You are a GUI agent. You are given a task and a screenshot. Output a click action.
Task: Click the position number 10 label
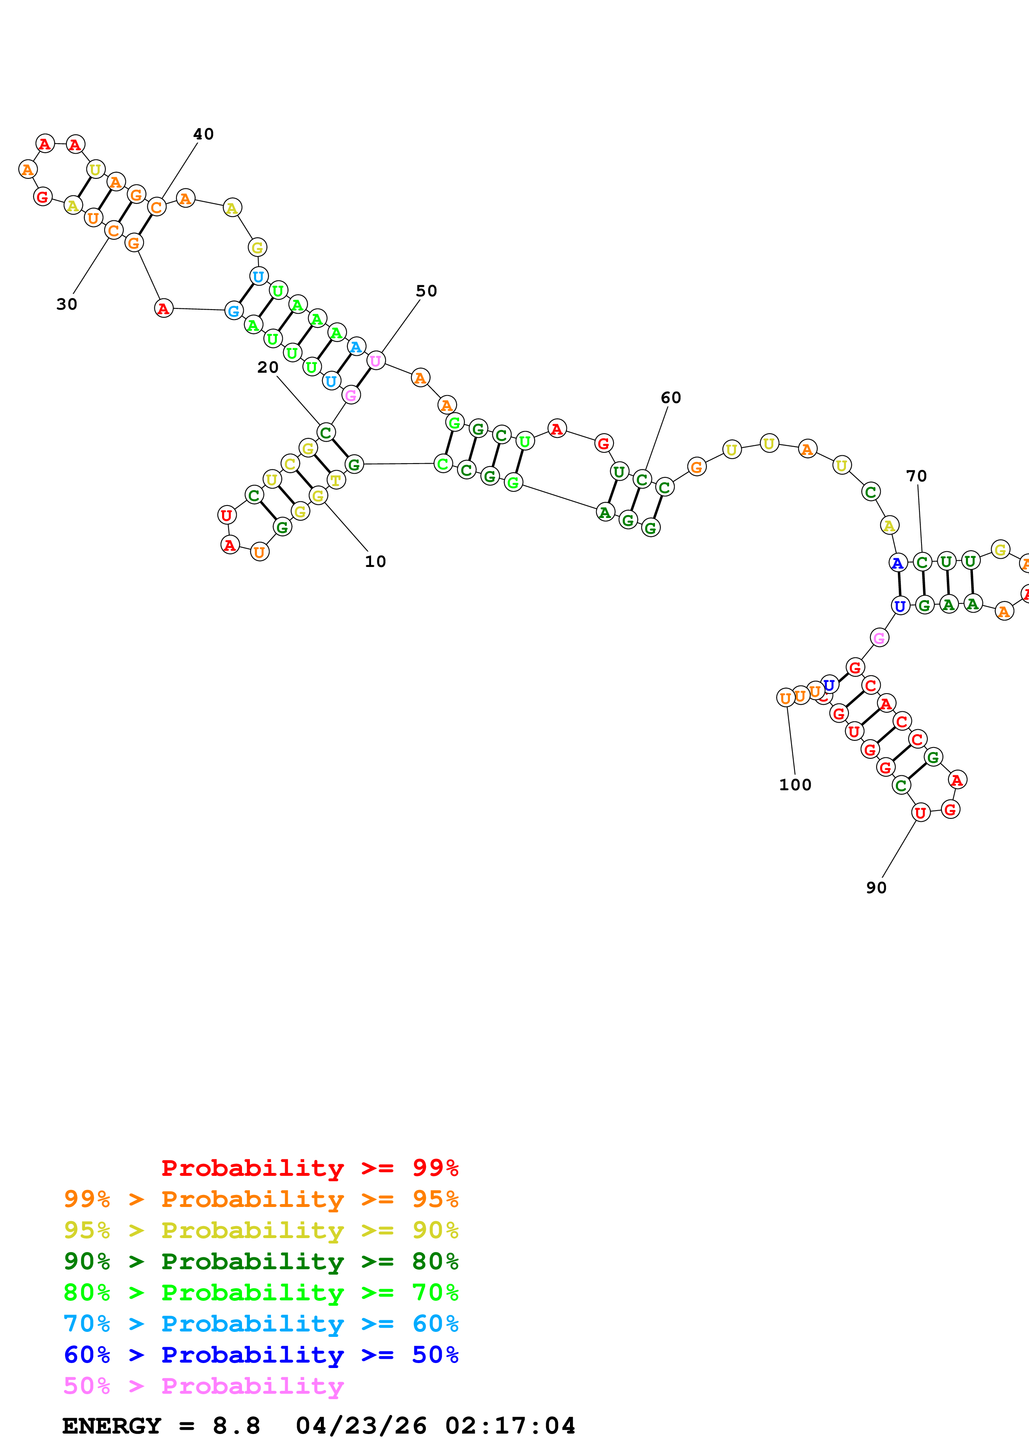[375, 561]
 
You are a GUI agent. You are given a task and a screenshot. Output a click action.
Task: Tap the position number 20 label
[268, 367]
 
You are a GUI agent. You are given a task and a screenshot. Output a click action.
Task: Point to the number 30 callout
[66, 304]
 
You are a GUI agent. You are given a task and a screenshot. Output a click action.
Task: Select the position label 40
[203, 134]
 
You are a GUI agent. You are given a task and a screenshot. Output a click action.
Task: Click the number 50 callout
[426, 291]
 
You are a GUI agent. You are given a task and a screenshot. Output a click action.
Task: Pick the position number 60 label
[671, 398]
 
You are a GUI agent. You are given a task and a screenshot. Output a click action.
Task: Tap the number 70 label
[916, 476]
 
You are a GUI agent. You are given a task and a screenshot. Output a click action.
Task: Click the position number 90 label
[876, 888]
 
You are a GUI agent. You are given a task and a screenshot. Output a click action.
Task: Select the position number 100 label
[795, 785]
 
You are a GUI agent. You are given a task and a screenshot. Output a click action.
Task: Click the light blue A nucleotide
[356, 347]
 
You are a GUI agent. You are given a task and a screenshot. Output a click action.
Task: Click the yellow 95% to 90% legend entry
[261, 1230]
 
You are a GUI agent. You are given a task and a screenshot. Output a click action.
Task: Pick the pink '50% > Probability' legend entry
[203, 1385]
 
